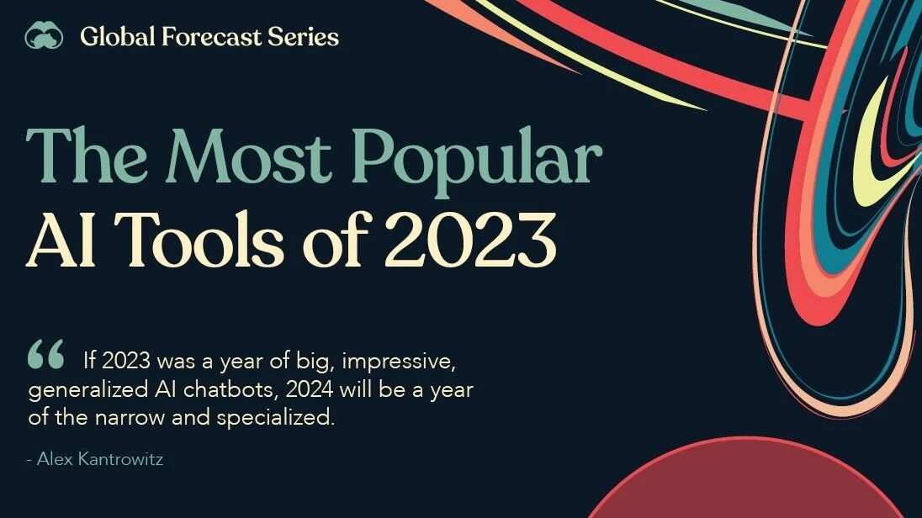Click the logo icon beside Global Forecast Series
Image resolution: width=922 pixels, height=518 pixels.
(x=44, y=35)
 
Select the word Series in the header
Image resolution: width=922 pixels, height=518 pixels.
(x=304, y=36)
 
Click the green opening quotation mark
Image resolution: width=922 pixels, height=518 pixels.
(x=46, y=354)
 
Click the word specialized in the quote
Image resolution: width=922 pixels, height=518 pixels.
(x=275, y=418)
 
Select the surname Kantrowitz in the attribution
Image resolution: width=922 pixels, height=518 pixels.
(x=120, y=459)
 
